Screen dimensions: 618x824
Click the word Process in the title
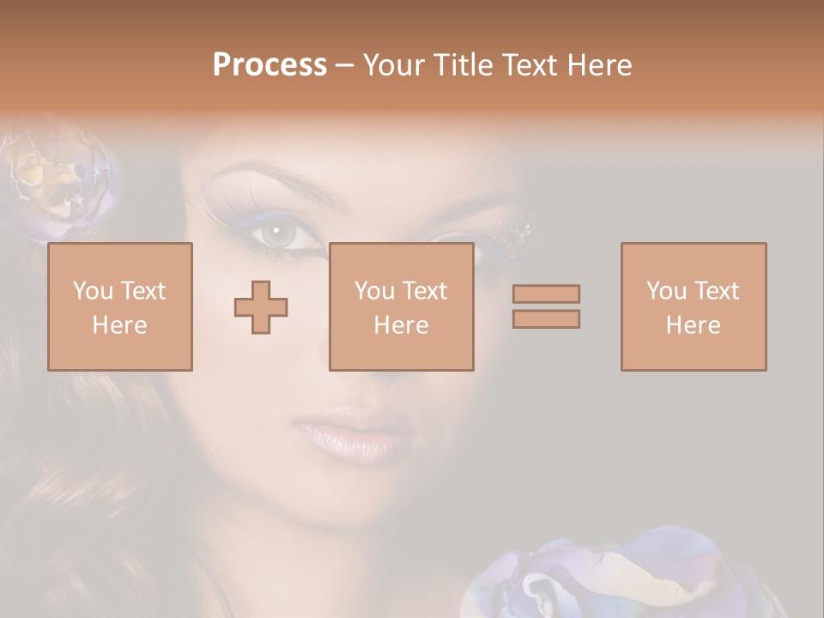270,65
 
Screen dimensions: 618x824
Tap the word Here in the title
597,65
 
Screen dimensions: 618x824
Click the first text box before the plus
120,306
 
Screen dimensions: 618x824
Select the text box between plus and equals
402,306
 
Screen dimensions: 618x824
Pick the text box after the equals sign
694,306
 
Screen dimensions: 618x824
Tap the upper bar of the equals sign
546,294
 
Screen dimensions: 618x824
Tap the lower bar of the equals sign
546,318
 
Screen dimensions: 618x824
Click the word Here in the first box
120,325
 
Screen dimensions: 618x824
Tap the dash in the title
345,65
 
